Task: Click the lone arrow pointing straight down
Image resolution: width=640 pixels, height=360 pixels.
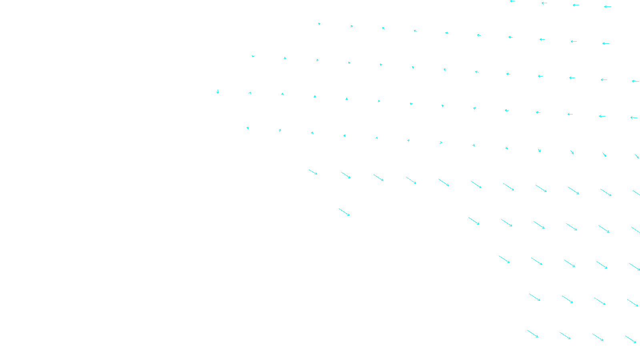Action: pyautogui.click(x=218, y=92)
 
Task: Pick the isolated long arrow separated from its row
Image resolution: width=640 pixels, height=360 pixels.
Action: pyautogui.click(x=344, y=212)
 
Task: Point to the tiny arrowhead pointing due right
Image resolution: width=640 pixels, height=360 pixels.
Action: pyautogui.click(x=441, y=142)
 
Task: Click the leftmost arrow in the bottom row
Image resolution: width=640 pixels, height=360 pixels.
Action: pyautogui.click(x=532, y=334)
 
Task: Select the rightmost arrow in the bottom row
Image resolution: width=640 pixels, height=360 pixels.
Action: pyautogui.click(x=630, y=339)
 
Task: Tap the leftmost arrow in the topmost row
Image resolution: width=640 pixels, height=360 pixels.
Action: pyautogui.click(x=512, y=1)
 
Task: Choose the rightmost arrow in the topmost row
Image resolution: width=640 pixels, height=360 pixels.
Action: pyautogui.click(x=607, y=6)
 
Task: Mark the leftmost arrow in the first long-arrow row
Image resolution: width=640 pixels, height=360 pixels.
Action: pyautogui.click(x=313, y=172)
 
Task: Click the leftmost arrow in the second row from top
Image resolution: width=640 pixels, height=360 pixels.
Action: pyautogui.click(x=319, y=24)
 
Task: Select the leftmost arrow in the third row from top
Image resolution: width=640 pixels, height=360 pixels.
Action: pyautogui.click(x=253, y=56)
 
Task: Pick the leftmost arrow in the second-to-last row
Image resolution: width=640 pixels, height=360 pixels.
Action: pyautogui.click(x=534, y=297)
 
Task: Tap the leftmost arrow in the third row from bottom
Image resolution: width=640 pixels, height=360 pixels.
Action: pyautogui.click(x=504, y=259)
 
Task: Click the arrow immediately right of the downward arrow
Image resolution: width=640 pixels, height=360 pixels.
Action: pyautogui.click(x=250, y=93)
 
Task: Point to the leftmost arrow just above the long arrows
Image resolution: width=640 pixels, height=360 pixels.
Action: pyautogui.click(x=248, y=128)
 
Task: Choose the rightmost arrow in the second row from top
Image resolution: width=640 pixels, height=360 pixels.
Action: pyautogui.click(x=606, y=43)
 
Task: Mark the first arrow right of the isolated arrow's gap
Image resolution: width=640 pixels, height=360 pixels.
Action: pyautogui.click(x=474, y=221)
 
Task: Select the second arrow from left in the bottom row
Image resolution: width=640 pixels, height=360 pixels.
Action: pyautogui.click(x=565, y=336)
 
